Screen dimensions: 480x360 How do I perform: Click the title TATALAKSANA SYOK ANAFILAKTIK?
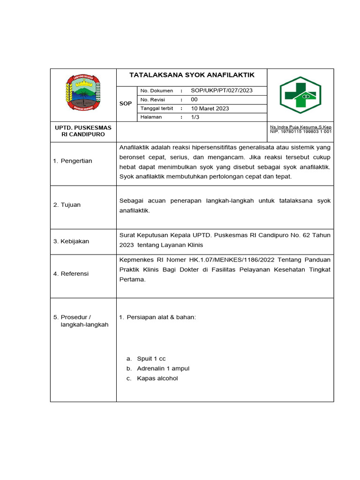pos(192,75)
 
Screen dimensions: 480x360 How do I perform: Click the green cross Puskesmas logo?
pos(300,95)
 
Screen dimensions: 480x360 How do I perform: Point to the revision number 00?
pos(194,99)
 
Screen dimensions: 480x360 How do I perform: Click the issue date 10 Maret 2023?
pos(210,108)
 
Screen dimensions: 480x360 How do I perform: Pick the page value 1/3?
pos(195,117)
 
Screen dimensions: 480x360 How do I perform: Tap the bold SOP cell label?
pos(126,104)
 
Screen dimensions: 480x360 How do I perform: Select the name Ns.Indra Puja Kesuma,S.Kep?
pos(300,127)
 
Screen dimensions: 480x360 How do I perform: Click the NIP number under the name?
pos(300,132)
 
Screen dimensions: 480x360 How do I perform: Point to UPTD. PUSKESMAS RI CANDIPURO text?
pos(83,131)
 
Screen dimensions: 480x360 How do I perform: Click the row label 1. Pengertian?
pos(73,161)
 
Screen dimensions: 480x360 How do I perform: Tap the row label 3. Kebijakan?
pos(71,241)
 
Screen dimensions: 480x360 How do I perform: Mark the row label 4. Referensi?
pos(71,273)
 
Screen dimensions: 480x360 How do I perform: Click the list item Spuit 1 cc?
pos(151,359)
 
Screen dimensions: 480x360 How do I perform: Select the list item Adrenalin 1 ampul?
pos(163,368)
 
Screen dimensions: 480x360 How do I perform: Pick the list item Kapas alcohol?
pos(157,378)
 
